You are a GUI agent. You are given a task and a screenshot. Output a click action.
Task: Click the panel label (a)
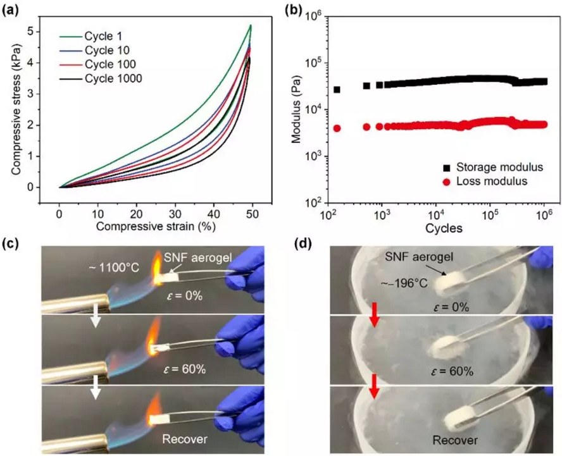click(x=12, y=8)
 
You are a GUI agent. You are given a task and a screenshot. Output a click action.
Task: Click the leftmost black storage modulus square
click(x=337, y=90)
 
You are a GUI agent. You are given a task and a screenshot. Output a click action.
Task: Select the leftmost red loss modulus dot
click(x=337, y=128)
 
